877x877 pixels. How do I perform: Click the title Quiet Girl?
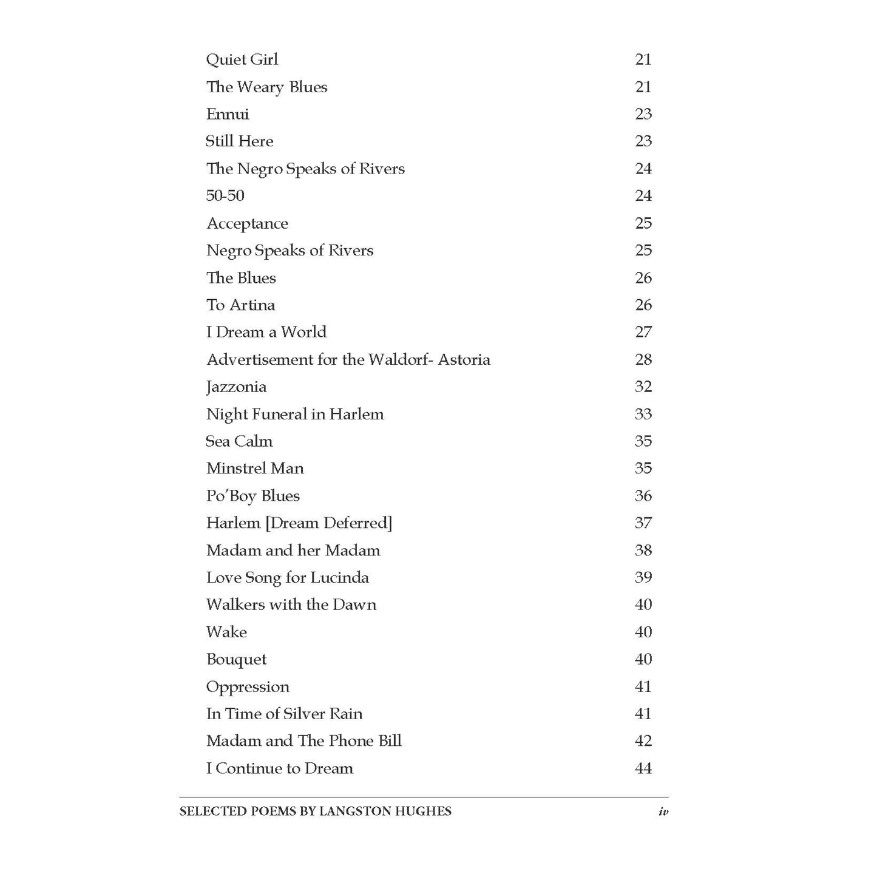point(242,59)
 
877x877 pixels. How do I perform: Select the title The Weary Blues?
point(266,87)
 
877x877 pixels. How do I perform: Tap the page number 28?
point(643,359)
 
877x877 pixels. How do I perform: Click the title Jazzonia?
point(236,387)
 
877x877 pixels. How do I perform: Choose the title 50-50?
point(225,195)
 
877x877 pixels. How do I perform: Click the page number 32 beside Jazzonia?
point(643,387)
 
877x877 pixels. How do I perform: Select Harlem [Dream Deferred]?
point(299,523)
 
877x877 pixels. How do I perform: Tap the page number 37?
point(643,523)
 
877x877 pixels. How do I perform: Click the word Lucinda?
point(339,577)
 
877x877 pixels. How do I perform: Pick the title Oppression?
point(248,687)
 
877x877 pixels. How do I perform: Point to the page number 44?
point(643,768)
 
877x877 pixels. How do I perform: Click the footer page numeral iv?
point(663,811)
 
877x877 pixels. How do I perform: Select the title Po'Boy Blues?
point(252,496)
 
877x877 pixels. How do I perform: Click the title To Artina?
point(240,305)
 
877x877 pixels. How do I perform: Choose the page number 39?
point(643,577)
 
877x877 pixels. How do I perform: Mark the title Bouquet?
point(236,660)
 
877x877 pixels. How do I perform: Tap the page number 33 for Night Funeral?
point(643,414)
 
